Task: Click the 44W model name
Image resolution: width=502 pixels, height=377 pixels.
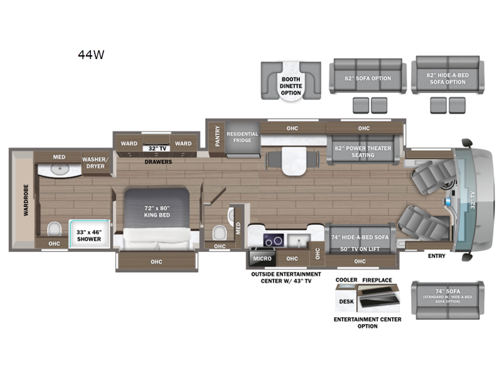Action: (91, 55)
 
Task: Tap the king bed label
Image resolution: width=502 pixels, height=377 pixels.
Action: (157, 212)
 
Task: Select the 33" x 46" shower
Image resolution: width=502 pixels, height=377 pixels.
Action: (89, 234)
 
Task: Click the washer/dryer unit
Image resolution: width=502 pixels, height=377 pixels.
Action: (95, 163)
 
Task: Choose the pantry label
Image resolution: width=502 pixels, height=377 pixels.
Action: (217, 136)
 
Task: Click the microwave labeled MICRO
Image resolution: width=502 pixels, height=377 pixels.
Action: (262, 258)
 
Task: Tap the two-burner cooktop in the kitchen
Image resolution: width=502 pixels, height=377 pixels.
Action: (274, 240)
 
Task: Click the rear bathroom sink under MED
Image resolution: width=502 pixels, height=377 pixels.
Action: (59, 169)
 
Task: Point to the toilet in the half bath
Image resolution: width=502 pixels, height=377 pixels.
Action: (220, 232)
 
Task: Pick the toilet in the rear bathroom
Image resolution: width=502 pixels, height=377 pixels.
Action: (54, 229)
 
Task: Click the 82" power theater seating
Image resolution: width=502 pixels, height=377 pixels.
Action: (363, 150)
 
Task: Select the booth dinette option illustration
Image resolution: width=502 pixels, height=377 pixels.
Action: (291, 81)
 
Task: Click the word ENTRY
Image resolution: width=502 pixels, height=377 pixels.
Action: (437, 256)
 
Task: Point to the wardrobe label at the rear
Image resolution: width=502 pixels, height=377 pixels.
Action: (26, 200)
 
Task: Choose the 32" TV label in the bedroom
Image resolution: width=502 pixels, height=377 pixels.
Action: (158, 148)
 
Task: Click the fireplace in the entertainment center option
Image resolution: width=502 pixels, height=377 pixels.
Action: (379, 298)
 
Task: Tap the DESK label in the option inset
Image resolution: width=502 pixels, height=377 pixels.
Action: (346, 302)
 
